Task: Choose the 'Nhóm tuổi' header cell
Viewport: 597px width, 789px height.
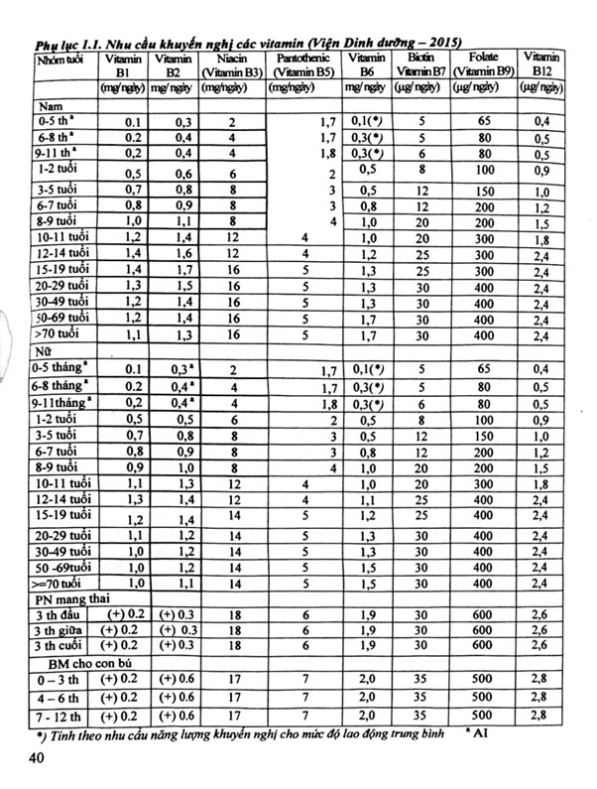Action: (57, 59)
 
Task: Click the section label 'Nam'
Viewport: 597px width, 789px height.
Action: (48, 105)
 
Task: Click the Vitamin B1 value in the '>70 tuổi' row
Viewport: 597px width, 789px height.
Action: (133, 336)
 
